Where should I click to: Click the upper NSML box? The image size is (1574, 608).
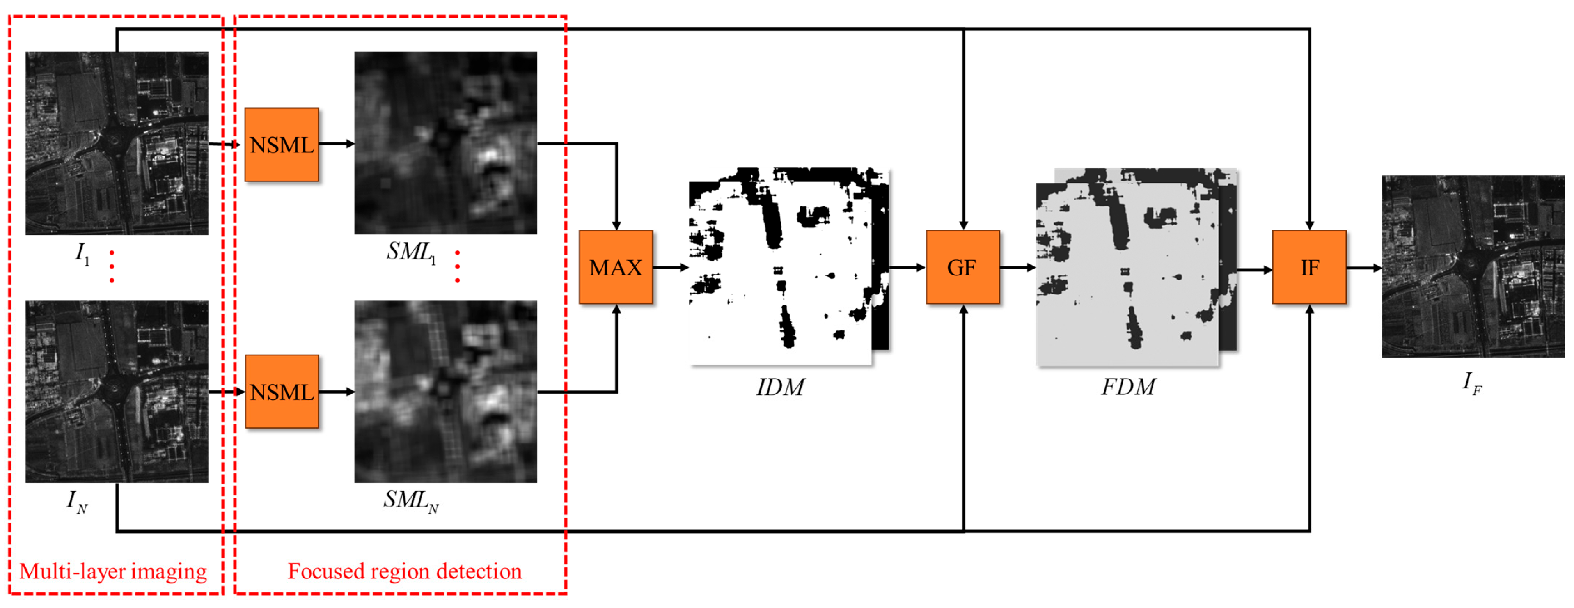pos(282,145)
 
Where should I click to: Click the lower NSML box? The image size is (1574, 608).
pos(282,392)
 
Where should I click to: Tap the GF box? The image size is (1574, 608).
pos(962,267)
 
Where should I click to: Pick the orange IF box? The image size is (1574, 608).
pos(1309,267)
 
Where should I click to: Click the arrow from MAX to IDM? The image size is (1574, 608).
pos(670,267)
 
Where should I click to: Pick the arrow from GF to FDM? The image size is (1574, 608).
pos(1017,267)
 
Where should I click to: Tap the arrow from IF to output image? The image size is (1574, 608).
pos(1364,268)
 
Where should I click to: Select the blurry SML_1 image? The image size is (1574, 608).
pos(445,143)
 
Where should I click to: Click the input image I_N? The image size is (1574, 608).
pos(117,391)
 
